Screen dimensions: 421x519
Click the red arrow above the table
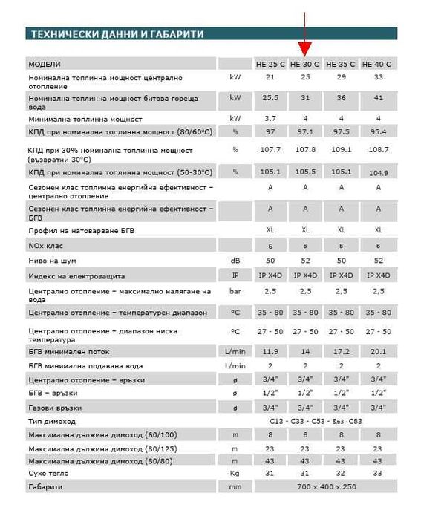(x=305, y=37)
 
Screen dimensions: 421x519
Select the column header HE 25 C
(x=270, y=65)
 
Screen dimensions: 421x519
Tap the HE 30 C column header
(x=305, y=65)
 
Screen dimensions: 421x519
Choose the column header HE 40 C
(x=378, y=65)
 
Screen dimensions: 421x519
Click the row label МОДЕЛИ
(x=45, y=65)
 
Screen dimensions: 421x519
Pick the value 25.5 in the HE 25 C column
(x=270, y=98)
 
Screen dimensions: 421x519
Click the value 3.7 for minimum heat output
(x=270, y=118)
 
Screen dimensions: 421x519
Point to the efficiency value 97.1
(x=305, y=131)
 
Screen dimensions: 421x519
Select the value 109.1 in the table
(x=342, y=150)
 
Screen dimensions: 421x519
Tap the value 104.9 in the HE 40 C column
(x=378, y=172)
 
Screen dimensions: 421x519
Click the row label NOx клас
(x=46, y=245)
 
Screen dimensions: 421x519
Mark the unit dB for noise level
(x=235, y=260)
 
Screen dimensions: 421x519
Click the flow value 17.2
(x=342, y=351)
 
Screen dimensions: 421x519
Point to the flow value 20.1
(x=378, y=351)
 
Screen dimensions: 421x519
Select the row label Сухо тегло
(x=49, y=474)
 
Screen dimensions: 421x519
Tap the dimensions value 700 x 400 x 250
(x=324, y=487)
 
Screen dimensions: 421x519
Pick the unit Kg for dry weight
(x=235, y=474)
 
